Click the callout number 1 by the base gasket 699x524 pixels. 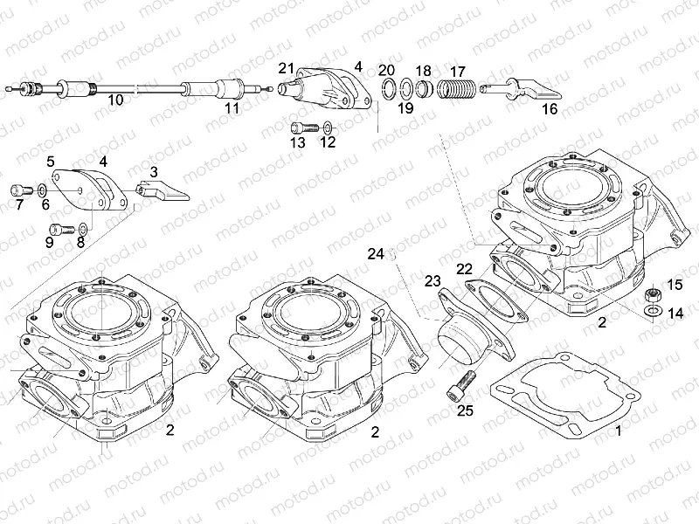click(618, 431)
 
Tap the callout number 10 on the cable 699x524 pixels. click(115, 100)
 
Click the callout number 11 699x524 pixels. click(231, 108)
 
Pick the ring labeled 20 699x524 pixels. click(386, 86)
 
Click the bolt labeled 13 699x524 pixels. click(300, 128)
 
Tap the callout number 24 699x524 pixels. click(376, 254)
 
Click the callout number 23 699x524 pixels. click(432, 280)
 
